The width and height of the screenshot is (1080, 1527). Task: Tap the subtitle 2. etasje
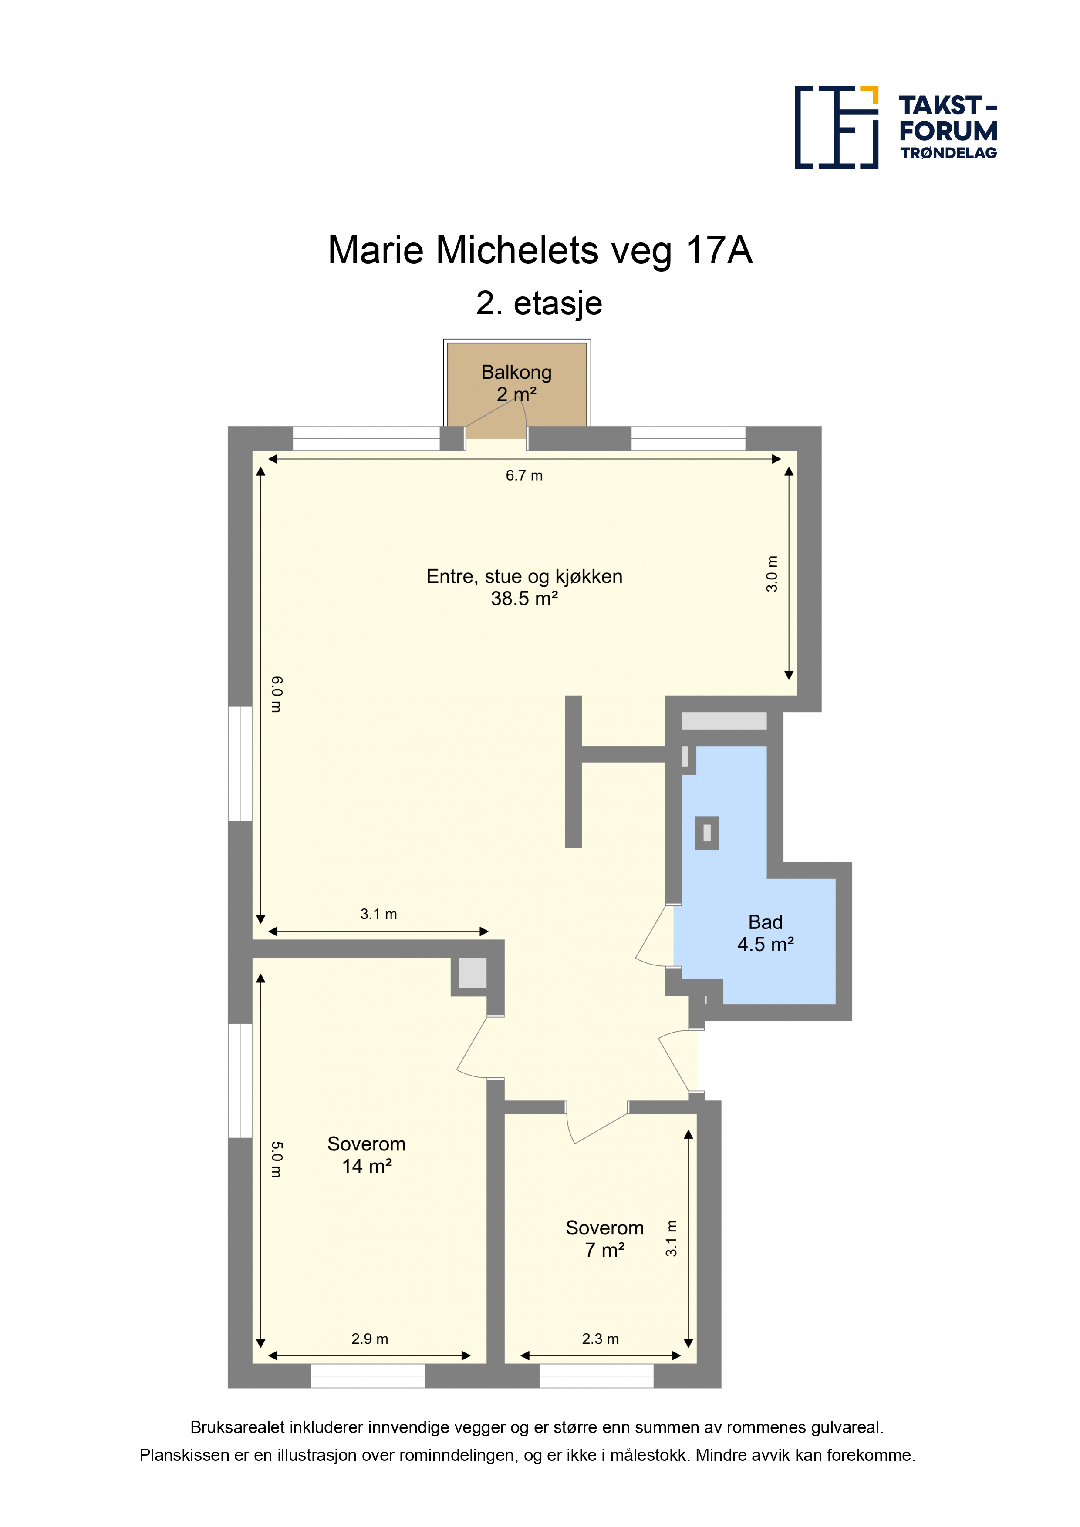click(539, 303)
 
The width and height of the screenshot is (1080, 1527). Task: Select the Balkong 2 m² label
click(516, 383)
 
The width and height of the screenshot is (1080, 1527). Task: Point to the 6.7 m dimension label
click(524, 475)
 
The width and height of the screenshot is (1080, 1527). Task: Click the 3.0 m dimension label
click(771, 573)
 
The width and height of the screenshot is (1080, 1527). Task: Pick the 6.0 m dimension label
click(277, 694)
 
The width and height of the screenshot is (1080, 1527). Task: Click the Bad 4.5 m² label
click(765, 933)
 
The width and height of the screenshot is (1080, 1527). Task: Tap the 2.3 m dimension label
click(600, 1339)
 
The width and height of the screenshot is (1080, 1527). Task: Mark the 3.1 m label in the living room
click(378, 914)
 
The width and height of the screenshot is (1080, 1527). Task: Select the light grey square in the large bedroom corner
click(472, 973)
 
